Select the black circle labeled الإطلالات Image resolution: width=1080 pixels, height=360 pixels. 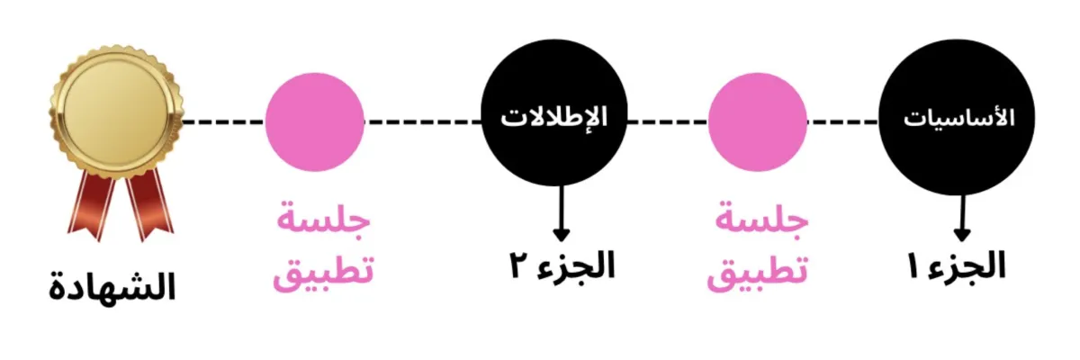(x=553, y=119)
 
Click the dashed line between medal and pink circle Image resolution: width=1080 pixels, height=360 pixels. (x=224, y=120)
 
